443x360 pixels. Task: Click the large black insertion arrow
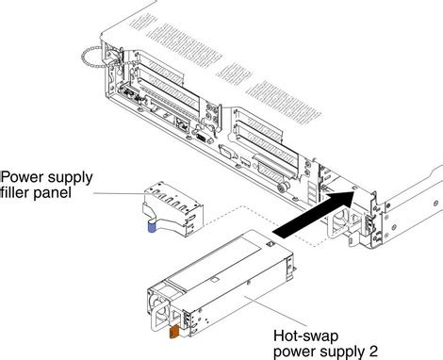coord(311,222)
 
